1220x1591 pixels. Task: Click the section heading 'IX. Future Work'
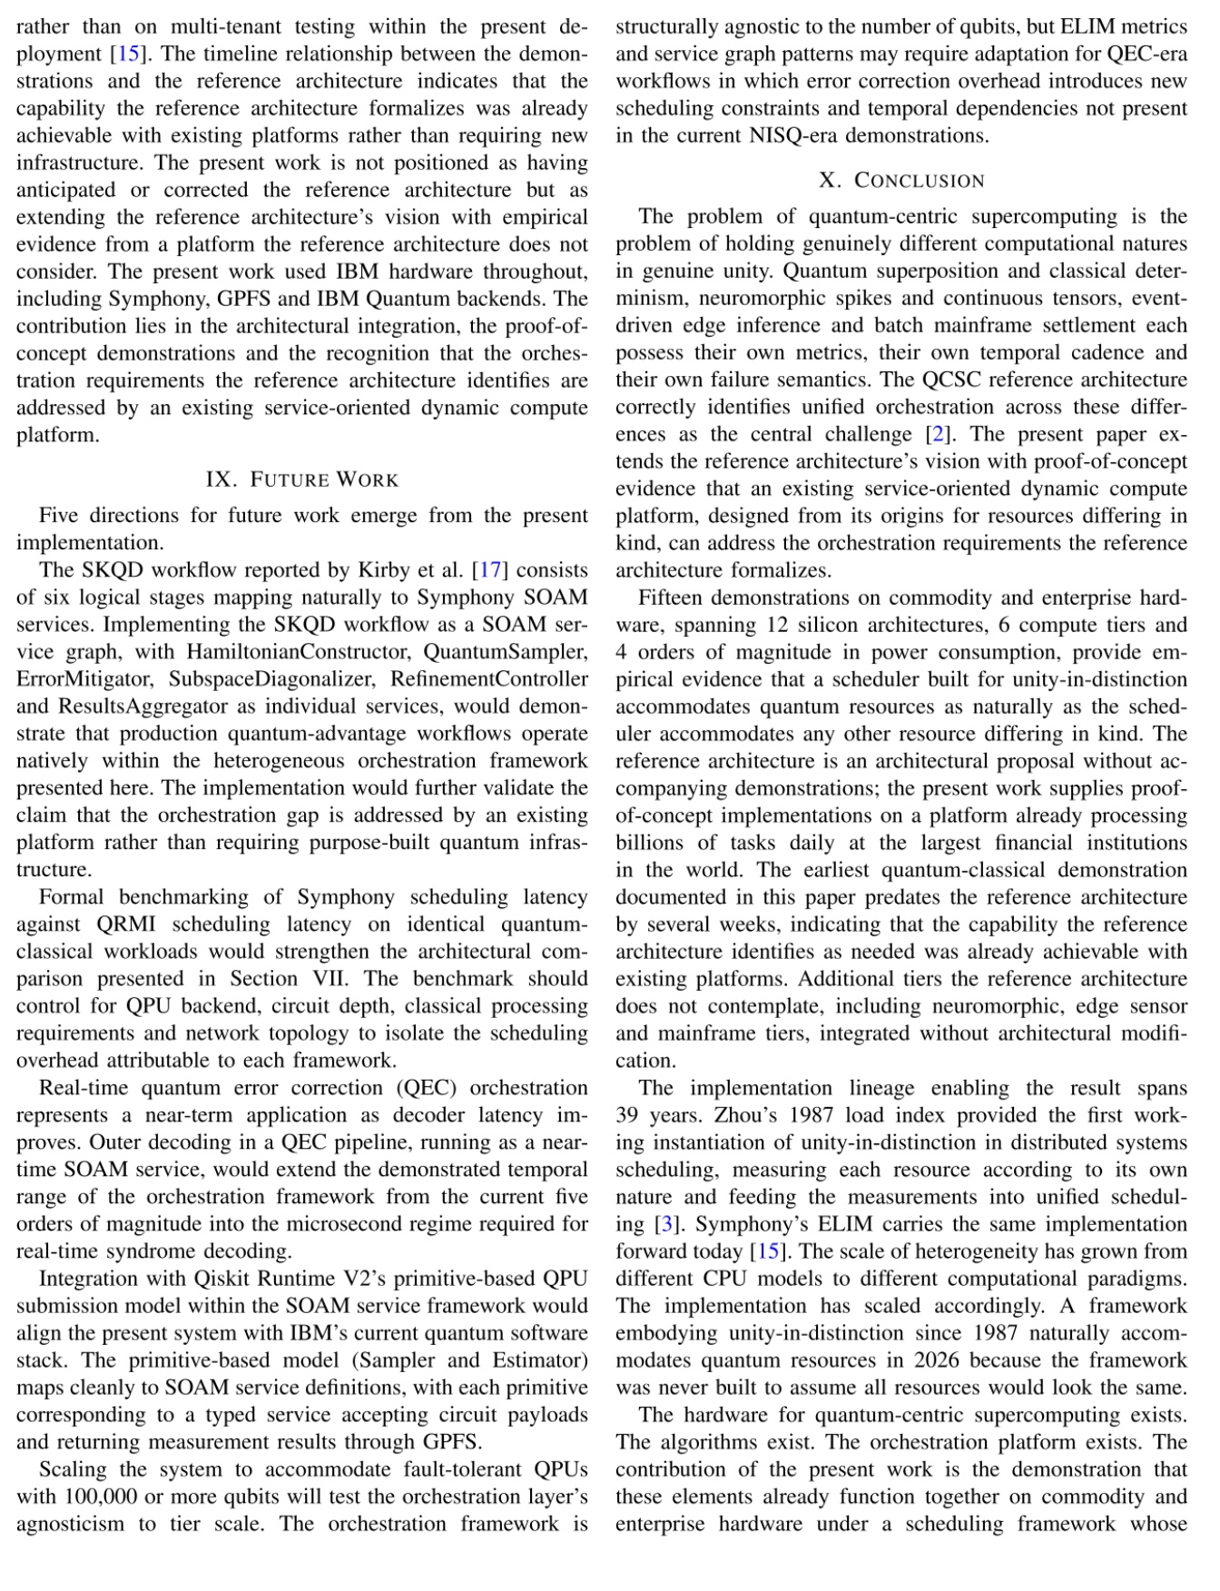(302, 479)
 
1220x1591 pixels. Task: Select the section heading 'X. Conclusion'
(901, 181)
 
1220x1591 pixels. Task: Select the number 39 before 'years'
(629, 1115)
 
